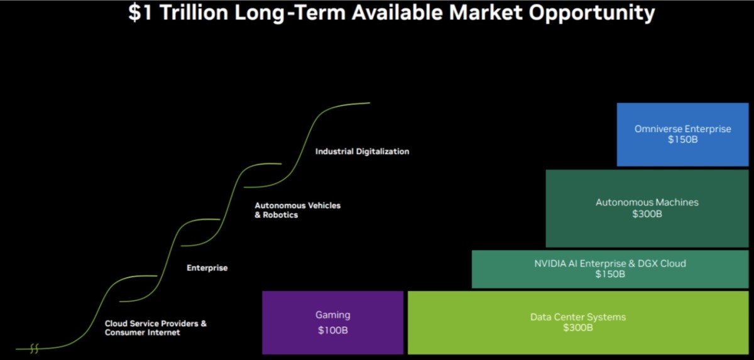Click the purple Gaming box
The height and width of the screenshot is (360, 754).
(x=332, y=322)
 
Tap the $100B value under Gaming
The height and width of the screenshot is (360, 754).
(x=332, y=330)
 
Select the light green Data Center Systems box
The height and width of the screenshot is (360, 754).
(x=578, y=322)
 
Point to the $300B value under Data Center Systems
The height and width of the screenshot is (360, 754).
(x=578, y=327)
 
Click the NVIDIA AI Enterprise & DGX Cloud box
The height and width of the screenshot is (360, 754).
(x=610, y=269)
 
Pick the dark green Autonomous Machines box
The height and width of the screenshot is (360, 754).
(x=647, y=208)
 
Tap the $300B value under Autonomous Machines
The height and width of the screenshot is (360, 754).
(x=647, y=214)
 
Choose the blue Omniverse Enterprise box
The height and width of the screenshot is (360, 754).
(x=682, y=134)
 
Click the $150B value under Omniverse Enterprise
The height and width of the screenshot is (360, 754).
(x=682, y=139)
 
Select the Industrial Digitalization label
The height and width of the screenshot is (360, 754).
(x=362, y=151)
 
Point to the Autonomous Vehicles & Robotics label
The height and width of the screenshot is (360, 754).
(x=298, y=210)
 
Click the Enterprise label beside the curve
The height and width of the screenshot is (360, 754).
(x=207, y=268)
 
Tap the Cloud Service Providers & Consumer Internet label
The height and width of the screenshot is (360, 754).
(x=156, y=328)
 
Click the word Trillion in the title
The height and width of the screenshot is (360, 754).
(x=194, y=13)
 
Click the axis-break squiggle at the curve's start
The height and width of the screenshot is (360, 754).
(x=35, y=348)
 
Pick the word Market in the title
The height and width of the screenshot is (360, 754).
(x=486, y=13)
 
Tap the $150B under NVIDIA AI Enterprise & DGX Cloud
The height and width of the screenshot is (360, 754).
(x=610, y=274)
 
